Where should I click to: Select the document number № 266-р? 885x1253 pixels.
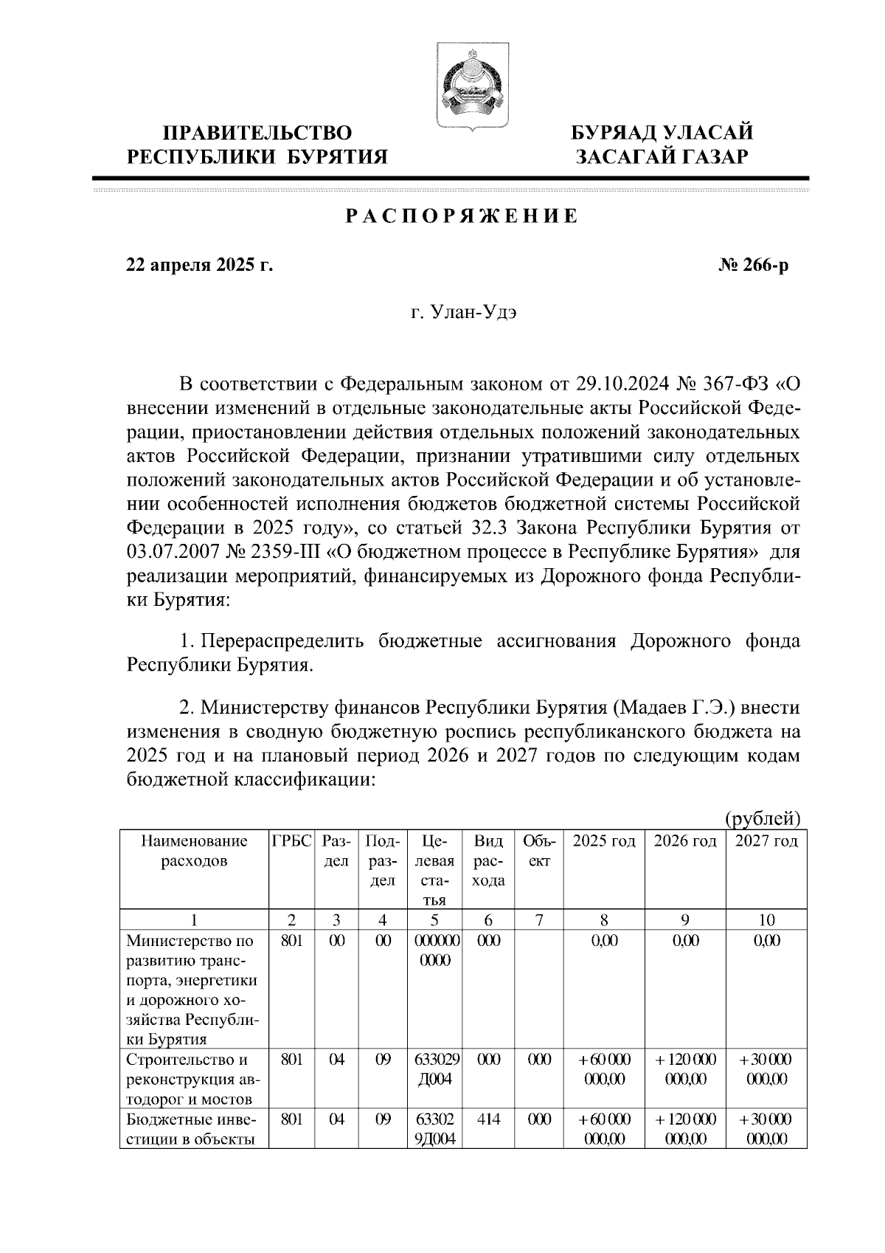click(754, 265)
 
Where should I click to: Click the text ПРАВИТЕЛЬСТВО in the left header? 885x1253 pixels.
click(257, 134)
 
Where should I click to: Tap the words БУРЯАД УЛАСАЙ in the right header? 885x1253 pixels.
click(663, 134)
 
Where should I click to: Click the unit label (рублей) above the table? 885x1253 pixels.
click(763, 818)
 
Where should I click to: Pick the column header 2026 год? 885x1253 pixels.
click(685, 841)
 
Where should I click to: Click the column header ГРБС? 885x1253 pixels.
click(292, 841)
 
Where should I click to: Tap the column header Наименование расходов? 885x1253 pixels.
click(194, 851)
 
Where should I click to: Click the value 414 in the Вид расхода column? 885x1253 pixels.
click(488, 1119)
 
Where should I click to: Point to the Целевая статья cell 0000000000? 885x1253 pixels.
click(434, 951)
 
